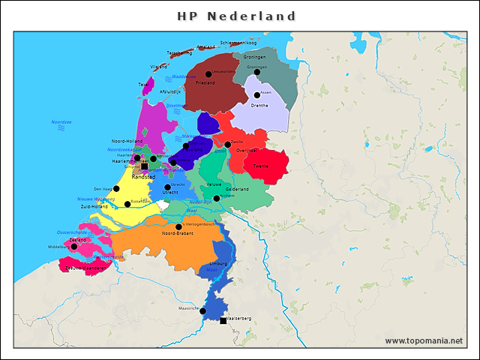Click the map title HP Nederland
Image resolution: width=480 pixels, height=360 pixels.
[x=237, y=16]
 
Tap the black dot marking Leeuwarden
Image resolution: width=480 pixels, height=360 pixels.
[x=208, y=74]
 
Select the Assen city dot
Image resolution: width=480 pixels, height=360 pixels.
[x=257, y=94]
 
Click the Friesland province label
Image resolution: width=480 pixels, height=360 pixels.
[x=205, y=83]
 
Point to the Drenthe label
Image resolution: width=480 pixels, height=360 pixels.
[x=259, y=106]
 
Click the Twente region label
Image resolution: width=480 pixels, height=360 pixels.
[x=261, y=166]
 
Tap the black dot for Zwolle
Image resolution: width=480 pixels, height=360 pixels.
[x=227, y=145]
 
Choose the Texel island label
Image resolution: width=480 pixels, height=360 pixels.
[x=143, y=85]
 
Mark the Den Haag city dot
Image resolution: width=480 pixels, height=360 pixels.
[x=116, y=189]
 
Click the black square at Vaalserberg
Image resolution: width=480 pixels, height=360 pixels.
[x=223, y=321]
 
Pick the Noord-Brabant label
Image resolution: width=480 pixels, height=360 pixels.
[x=178, y=234]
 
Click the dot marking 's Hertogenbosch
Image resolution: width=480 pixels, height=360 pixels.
[x=178, y=227]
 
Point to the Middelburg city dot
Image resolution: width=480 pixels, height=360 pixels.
[x=73, y=247]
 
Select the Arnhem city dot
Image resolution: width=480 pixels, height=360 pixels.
[x=217, y=199]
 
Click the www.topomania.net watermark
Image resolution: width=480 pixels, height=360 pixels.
[x=424, y=341]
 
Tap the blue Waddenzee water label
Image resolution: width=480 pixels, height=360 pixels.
[x=184, y=76]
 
